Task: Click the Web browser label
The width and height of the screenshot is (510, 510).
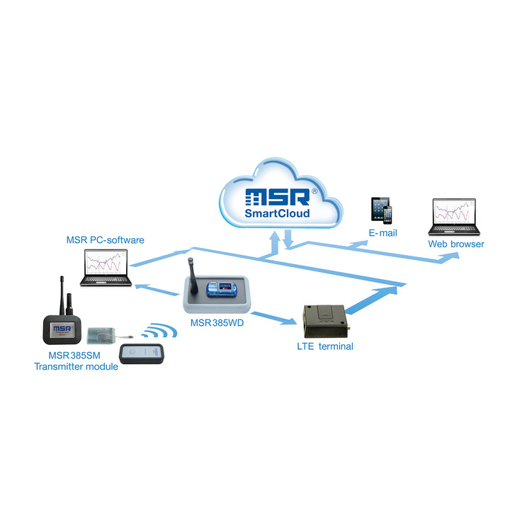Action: click(x=455, y=244)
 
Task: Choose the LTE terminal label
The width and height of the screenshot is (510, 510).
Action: click(x=324, y=346)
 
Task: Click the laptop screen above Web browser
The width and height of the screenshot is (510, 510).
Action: click(x=455, y=213)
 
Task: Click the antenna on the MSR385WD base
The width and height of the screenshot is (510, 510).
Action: click(x=192, y=272)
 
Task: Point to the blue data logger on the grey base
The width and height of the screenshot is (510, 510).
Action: click(x=220, y=289)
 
